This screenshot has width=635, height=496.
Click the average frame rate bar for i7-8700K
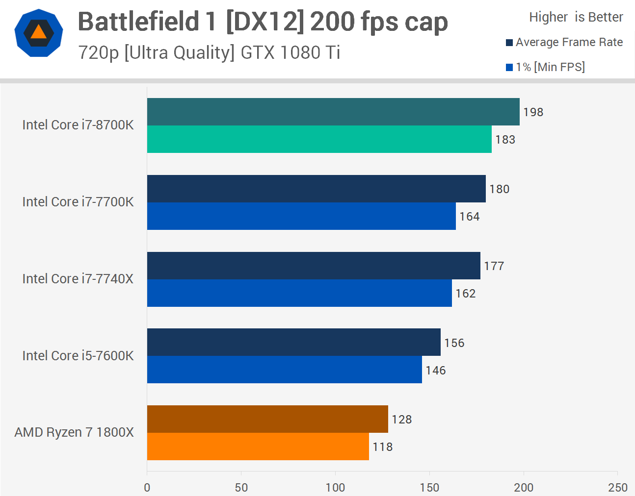(x=333, y=112)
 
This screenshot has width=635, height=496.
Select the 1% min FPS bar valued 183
(x=319, y=139)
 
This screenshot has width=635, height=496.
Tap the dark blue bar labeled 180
(x=316, y=189)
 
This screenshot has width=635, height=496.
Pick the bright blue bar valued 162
(x=299, y=293)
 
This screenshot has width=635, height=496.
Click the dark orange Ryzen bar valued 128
(x=267, y=419)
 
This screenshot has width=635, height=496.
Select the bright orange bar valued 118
(x=258, y=446)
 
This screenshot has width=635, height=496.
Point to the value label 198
(x=533, y=112)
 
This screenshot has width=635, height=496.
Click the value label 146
(x=435, y=371)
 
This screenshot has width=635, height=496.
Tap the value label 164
(x=469, y=217)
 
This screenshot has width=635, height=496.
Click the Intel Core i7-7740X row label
(x=78, y=279)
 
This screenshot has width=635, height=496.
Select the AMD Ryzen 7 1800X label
(x=74, y=432)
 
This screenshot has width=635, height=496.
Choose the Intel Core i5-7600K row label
(x=78, y=356)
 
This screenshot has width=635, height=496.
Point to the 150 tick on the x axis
(x=429, y=487)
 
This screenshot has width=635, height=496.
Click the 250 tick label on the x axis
(x=617, y=487)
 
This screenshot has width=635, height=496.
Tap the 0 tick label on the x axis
(x=147, y=487)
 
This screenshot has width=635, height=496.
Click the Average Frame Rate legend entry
(x=564, y=43)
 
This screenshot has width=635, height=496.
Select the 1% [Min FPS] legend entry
(x=545, y=67)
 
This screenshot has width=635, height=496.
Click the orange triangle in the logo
(x=38, y=33)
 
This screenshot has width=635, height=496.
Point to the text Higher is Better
(x=576, y=17)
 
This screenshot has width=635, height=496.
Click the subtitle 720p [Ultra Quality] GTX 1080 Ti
(x=209, y=52)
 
